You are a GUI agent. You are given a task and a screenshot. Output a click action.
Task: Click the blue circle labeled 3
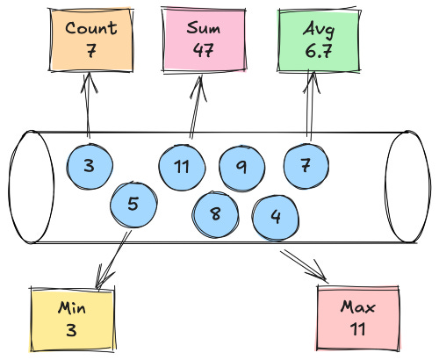pos(90,164)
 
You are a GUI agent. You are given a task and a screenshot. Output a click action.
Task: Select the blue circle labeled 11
pos(182,166)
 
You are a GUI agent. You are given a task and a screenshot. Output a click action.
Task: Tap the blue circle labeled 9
pos(241,165)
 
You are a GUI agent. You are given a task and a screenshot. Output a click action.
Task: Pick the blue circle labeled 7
pos(306,165)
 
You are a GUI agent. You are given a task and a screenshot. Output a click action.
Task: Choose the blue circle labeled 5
pos(133,205)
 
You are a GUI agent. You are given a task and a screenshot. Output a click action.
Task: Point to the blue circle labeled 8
pos(216,212)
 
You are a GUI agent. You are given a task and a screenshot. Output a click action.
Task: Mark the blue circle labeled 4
pos(276,216)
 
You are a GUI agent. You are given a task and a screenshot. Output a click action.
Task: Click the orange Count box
pos(90,40)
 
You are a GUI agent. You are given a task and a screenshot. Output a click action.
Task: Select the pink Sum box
pos(204,39)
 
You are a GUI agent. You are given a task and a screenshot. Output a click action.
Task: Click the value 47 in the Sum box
pos(204,50)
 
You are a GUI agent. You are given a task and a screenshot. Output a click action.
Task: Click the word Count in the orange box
pos(90,27)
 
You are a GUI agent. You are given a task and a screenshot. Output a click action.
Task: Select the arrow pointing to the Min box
pos(112,257)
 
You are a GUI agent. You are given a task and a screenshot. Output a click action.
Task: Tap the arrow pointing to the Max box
pos(304,266)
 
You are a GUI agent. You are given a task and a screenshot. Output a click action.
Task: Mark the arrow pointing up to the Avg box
pos(309,106)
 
